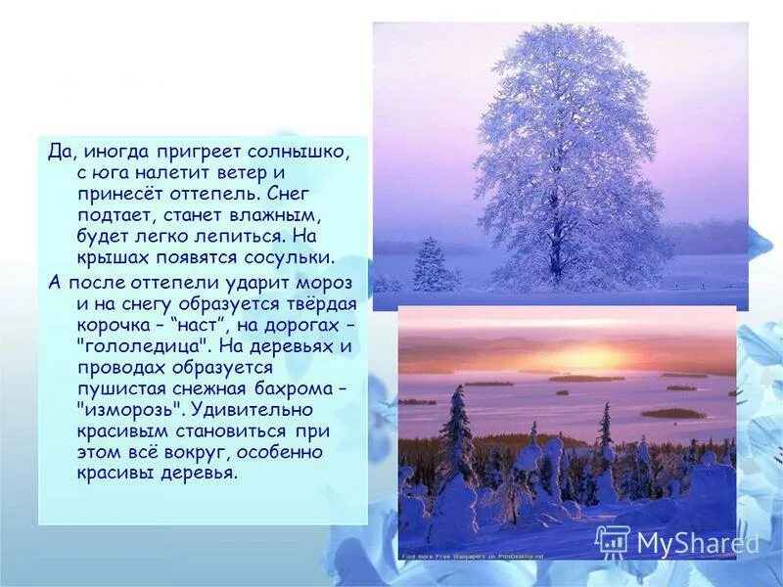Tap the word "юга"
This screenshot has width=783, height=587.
point(111,174)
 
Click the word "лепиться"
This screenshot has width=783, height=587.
point(241,236)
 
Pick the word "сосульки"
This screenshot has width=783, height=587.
point(290,257)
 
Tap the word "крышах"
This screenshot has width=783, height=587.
point(112,257)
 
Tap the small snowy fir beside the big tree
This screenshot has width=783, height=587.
point(432,266)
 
